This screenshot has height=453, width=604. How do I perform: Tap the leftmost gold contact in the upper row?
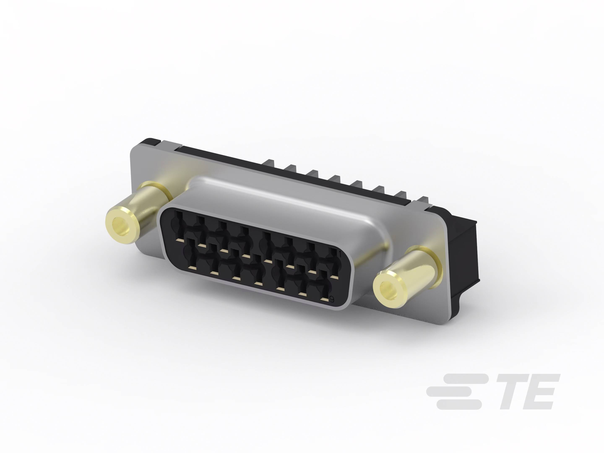click(180, 240)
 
